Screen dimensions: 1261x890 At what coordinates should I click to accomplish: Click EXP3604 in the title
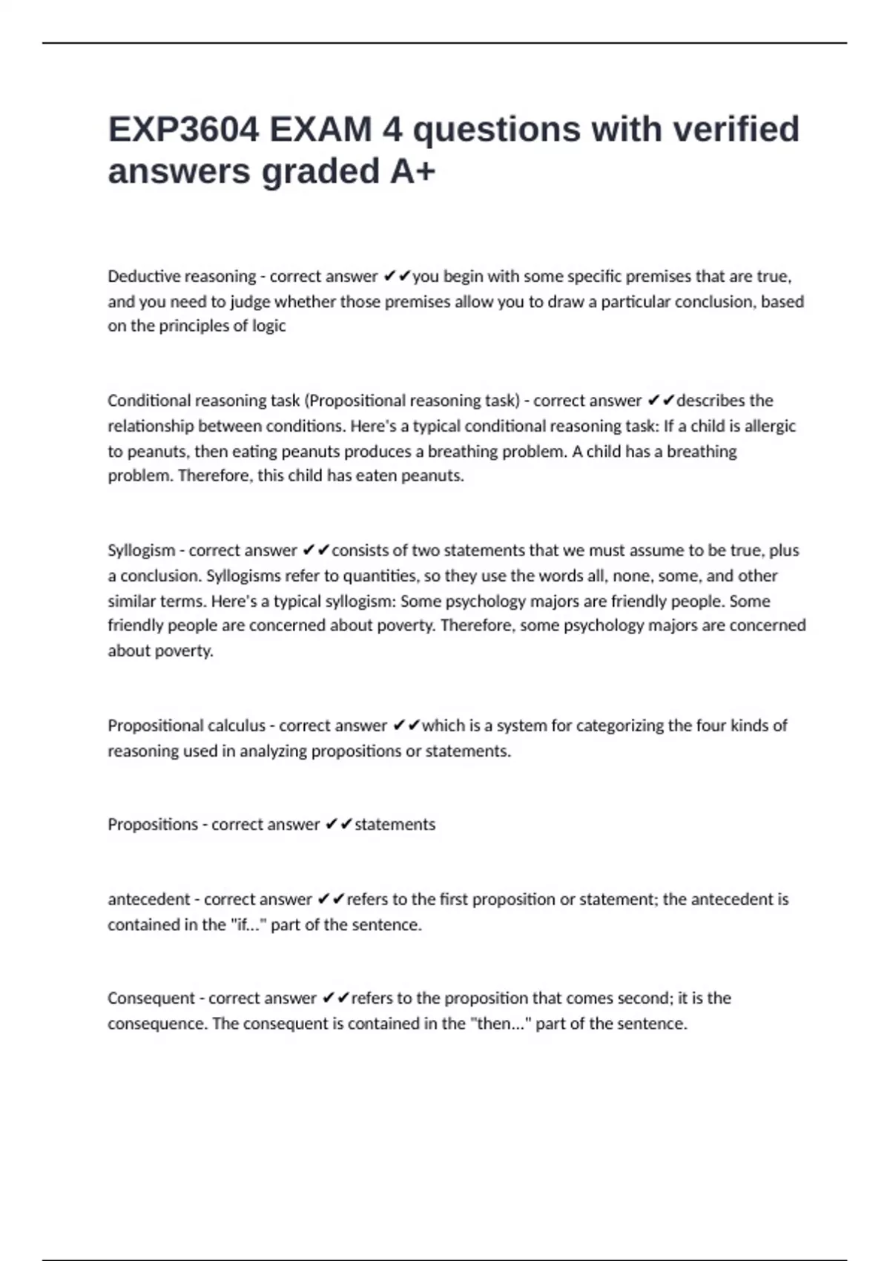(x=184, y=129)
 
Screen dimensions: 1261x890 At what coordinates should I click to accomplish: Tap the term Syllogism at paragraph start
(x=142, y=550)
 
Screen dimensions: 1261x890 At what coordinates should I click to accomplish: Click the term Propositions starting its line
(x=153, y=825)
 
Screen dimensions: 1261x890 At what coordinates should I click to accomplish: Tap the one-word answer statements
(x=395, y=825)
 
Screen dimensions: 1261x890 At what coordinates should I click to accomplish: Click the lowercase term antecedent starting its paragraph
(x=148, y=900)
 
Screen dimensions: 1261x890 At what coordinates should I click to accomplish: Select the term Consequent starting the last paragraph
(x=151, y=998)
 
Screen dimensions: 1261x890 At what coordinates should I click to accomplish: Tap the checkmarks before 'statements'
(x=338, y=825)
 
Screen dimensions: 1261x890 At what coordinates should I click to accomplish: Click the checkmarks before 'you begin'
(x=397, y=277)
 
